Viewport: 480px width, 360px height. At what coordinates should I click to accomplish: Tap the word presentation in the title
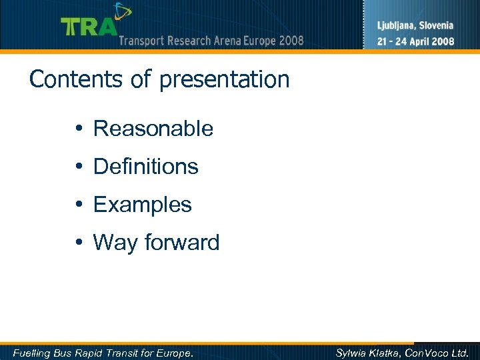tap(224, 80)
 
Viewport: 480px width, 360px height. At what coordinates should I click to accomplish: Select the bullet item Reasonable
tap(153, 129)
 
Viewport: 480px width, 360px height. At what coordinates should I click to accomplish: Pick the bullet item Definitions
tap(146, 167)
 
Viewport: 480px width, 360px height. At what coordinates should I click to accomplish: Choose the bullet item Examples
tap(143, 205)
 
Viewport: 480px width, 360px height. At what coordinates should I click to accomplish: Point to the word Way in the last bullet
tap(114, 243)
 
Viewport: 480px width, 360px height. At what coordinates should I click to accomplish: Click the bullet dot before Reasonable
tap(79, 129)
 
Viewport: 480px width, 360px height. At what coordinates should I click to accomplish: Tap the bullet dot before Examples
tap(79, 205)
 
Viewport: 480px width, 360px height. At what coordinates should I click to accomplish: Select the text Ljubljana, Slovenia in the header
tap(415, 26)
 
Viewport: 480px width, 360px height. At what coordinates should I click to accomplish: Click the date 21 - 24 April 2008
tap(415, 41)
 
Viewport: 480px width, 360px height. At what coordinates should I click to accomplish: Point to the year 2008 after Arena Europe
tap(291, 41)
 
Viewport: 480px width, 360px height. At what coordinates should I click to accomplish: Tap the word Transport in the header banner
tap(142, 41)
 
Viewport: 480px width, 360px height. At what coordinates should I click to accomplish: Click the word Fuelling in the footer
tap(32, 353)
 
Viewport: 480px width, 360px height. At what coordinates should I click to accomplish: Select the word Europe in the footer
tap(175, 353)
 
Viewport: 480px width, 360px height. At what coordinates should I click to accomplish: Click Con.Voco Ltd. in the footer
tap(443, 353)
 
